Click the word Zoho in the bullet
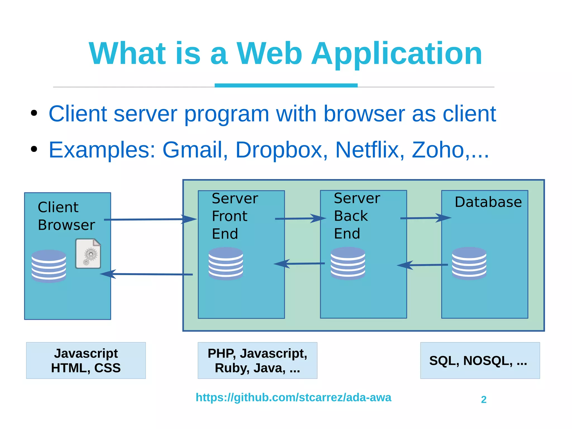[438, 150]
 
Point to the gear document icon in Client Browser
[88, 254]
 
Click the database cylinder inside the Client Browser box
[49, 266]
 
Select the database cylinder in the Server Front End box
[226, 263]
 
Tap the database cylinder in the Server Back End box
[348, 263]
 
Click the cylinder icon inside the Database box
[469, 263]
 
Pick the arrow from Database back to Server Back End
[422, 265]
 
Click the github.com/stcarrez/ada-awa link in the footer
[293, 397]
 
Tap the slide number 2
[484, 400]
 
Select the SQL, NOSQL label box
[480, 361]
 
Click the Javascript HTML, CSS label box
[86, 361]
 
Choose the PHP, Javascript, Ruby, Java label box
[257, 361]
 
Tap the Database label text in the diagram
[488, 202]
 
